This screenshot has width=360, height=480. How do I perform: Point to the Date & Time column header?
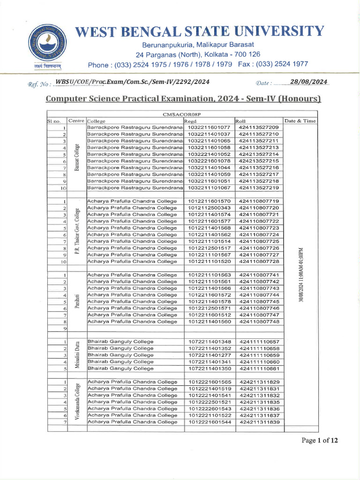[300, 121]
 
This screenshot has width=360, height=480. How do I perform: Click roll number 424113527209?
[258, 127]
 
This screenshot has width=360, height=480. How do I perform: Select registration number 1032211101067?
[209, 187]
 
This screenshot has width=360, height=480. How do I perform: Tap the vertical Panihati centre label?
[76, 301]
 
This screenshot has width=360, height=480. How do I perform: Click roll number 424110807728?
[258, 261]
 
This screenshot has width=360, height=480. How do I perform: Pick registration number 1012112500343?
[209, 208]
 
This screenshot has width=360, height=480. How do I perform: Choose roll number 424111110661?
[258, 368]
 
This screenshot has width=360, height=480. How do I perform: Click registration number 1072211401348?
[209, 342]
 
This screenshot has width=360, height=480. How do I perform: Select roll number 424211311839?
[258, 422]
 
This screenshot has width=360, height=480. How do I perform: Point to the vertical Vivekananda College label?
[76, 402]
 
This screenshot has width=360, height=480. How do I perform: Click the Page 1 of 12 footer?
[319, 440]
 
